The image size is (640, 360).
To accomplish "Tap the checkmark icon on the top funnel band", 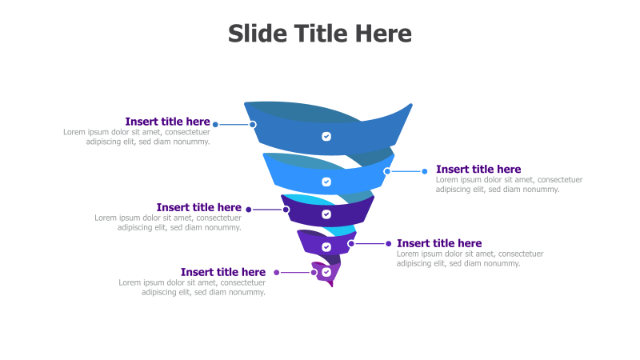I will [x=326, y=136].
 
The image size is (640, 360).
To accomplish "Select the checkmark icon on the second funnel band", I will [x=326, y=182].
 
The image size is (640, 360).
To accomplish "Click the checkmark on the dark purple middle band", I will [x=326, y=214].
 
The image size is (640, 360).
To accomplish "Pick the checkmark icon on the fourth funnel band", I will [x=326, y=247].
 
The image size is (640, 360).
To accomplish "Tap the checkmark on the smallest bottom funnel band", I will [x=326, y=272].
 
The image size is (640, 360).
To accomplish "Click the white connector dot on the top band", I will [x=253, y=124].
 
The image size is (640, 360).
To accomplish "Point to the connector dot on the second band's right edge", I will [x=387, y=171].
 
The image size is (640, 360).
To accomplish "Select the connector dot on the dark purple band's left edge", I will [x=286, y=210].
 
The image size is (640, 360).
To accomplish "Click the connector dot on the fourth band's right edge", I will [x=351, y=243].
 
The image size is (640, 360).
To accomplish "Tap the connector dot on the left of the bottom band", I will [x=314, y=272].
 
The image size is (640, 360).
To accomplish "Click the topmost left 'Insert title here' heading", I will [x=167, y=122].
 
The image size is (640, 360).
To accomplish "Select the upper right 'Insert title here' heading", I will [x=478, y=169].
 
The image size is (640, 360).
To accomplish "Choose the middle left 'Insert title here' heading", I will [x=198, y=207].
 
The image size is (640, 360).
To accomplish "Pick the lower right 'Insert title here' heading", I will [x=439, y=243].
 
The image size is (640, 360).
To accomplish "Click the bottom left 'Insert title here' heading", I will [x=222, y=272].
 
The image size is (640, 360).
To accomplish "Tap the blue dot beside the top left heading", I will [x=215, y=124].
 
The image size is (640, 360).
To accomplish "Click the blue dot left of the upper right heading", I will [x=425, y=171].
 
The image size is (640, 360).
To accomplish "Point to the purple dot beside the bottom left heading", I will [x=277, y=272].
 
